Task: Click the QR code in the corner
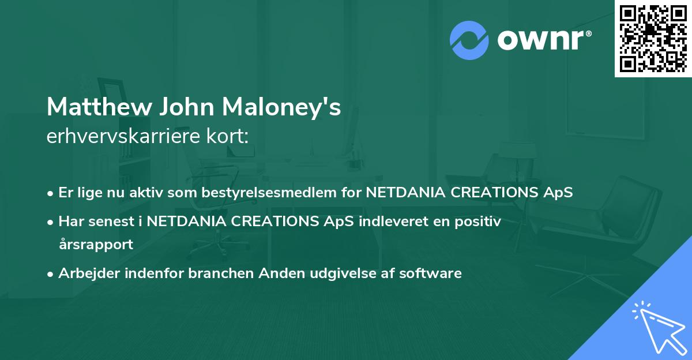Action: click(653, 39)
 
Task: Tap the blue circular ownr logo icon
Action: click(469, 40)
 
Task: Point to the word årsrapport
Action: click(96, 244)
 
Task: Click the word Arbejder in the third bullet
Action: click(84, 273)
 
